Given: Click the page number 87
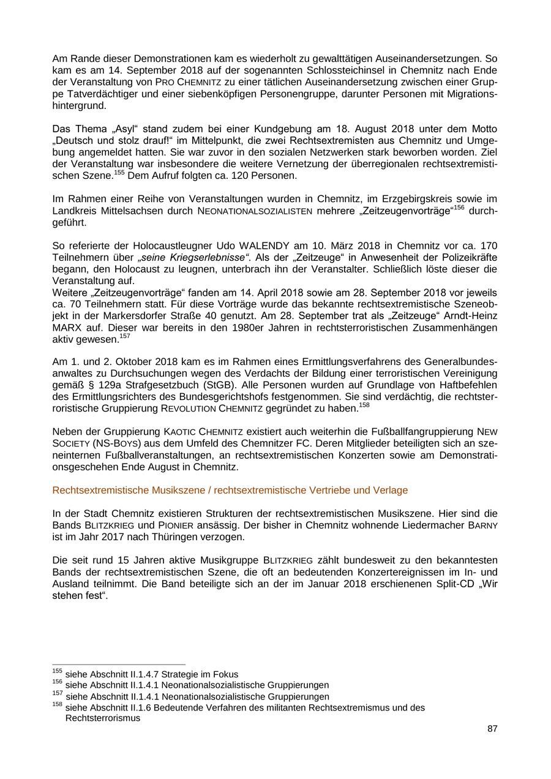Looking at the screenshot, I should (x=492, y=729).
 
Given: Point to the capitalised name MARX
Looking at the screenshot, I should (x=66, y=328).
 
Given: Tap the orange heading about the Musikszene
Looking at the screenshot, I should (x=230, y=491).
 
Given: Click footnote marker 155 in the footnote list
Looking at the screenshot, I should (x=57, y=672).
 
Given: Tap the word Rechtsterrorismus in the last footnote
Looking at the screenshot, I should (x=102, y=718).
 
